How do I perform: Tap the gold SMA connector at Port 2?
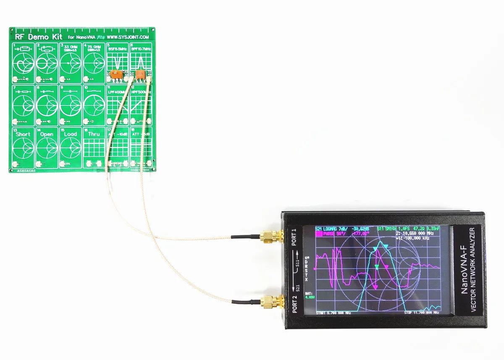tap(269, 301)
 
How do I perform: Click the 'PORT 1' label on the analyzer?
tap(294, 238)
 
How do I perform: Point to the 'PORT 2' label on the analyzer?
tap(294, 302)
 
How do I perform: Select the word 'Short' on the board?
tap(23, 134)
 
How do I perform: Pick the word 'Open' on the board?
tap(47, 134)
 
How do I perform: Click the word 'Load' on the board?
tap(70, 134)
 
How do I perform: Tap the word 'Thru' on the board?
tap(94, 134)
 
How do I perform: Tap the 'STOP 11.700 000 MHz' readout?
tap(422, 313)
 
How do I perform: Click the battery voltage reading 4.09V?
tap(309, 297)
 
